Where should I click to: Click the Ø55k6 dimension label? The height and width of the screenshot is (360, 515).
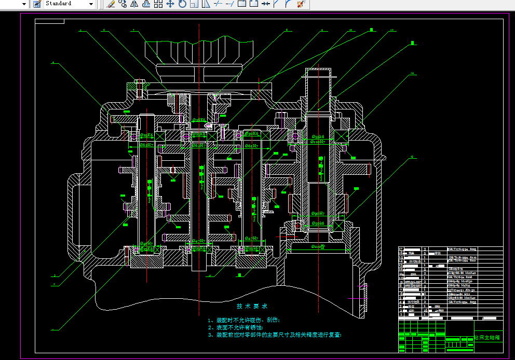(318, 137)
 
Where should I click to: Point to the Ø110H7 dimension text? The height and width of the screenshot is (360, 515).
(318, 142)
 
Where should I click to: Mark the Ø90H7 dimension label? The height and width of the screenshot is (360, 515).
(318, 214)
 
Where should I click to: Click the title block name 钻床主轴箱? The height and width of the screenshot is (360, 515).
(487, 337)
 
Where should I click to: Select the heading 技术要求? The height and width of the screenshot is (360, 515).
(252, 306)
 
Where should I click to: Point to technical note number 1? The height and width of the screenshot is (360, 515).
(243, 320)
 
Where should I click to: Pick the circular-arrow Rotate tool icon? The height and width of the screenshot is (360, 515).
(182, 4)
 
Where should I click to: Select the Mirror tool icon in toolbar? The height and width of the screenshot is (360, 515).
(134, 4)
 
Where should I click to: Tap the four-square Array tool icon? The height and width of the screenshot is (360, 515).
(158, 4)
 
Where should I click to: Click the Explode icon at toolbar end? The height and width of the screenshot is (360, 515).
(300, 4)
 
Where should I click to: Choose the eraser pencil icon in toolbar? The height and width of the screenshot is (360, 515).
(111, 4)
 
